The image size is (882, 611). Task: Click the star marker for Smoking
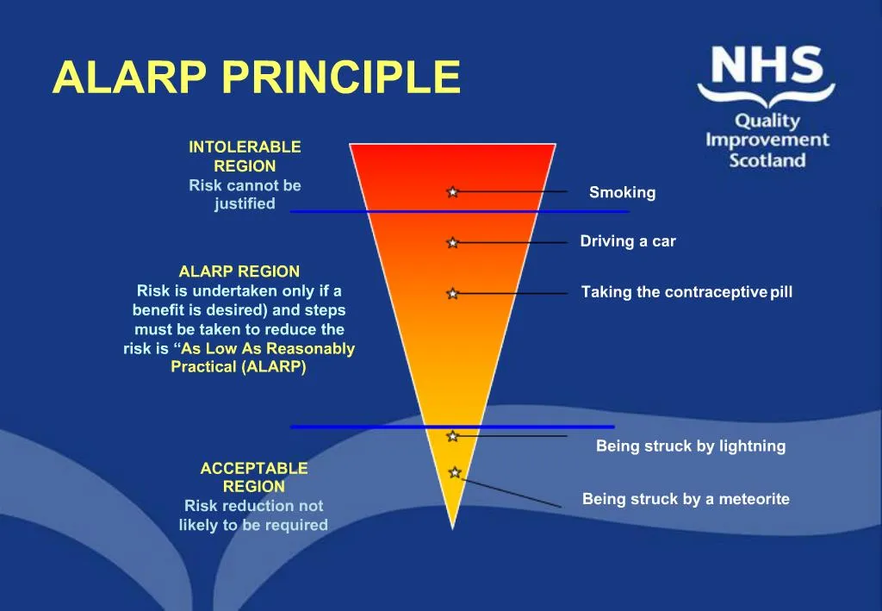click(452, 191)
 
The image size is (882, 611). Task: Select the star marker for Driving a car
click(452, 243)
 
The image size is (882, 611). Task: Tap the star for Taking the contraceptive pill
click(452, 294)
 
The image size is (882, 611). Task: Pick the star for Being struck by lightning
click(452, 436)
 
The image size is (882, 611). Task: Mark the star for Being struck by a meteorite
click(455, 472)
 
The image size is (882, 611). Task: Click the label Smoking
click(622, 193)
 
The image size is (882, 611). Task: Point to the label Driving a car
click(627, 241)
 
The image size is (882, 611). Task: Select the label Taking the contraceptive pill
click(686, 292)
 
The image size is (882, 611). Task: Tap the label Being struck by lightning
click(691, 446)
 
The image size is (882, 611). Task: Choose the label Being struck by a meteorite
click(686, 499)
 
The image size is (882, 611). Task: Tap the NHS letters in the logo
click(766, 67)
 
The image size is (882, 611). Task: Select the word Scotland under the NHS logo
click(767, 160)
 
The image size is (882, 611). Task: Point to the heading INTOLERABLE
click(245, 147)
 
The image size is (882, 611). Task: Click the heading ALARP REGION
click(239, 271)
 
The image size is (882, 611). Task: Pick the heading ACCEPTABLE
click(253, 468)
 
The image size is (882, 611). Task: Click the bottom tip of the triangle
click(452, 526)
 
